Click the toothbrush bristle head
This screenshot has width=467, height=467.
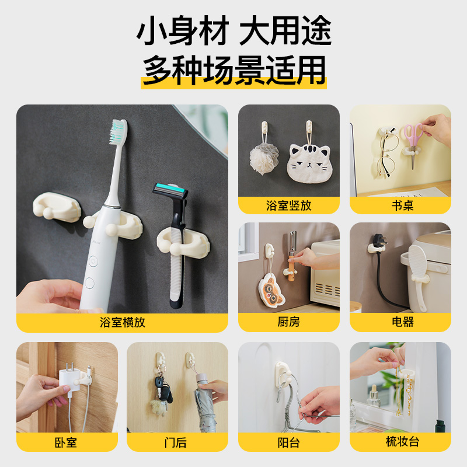point(119,132)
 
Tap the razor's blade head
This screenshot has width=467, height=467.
point(170,191)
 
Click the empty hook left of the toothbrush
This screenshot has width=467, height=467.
point(57,206)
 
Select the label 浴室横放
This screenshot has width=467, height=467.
point(123,322)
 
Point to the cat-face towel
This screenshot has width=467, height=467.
point(309,163)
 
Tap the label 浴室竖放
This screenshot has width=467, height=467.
point(288,205)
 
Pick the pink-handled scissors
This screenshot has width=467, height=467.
point(413,140)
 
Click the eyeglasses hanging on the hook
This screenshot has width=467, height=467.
point(387,155)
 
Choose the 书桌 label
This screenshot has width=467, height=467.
point(403,205)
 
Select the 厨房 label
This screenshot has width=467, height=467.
point(288,322)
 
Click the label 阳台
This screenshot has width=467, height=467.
point(288,442)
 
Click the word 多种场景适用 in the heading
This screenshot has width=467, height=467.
point(234,70)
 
